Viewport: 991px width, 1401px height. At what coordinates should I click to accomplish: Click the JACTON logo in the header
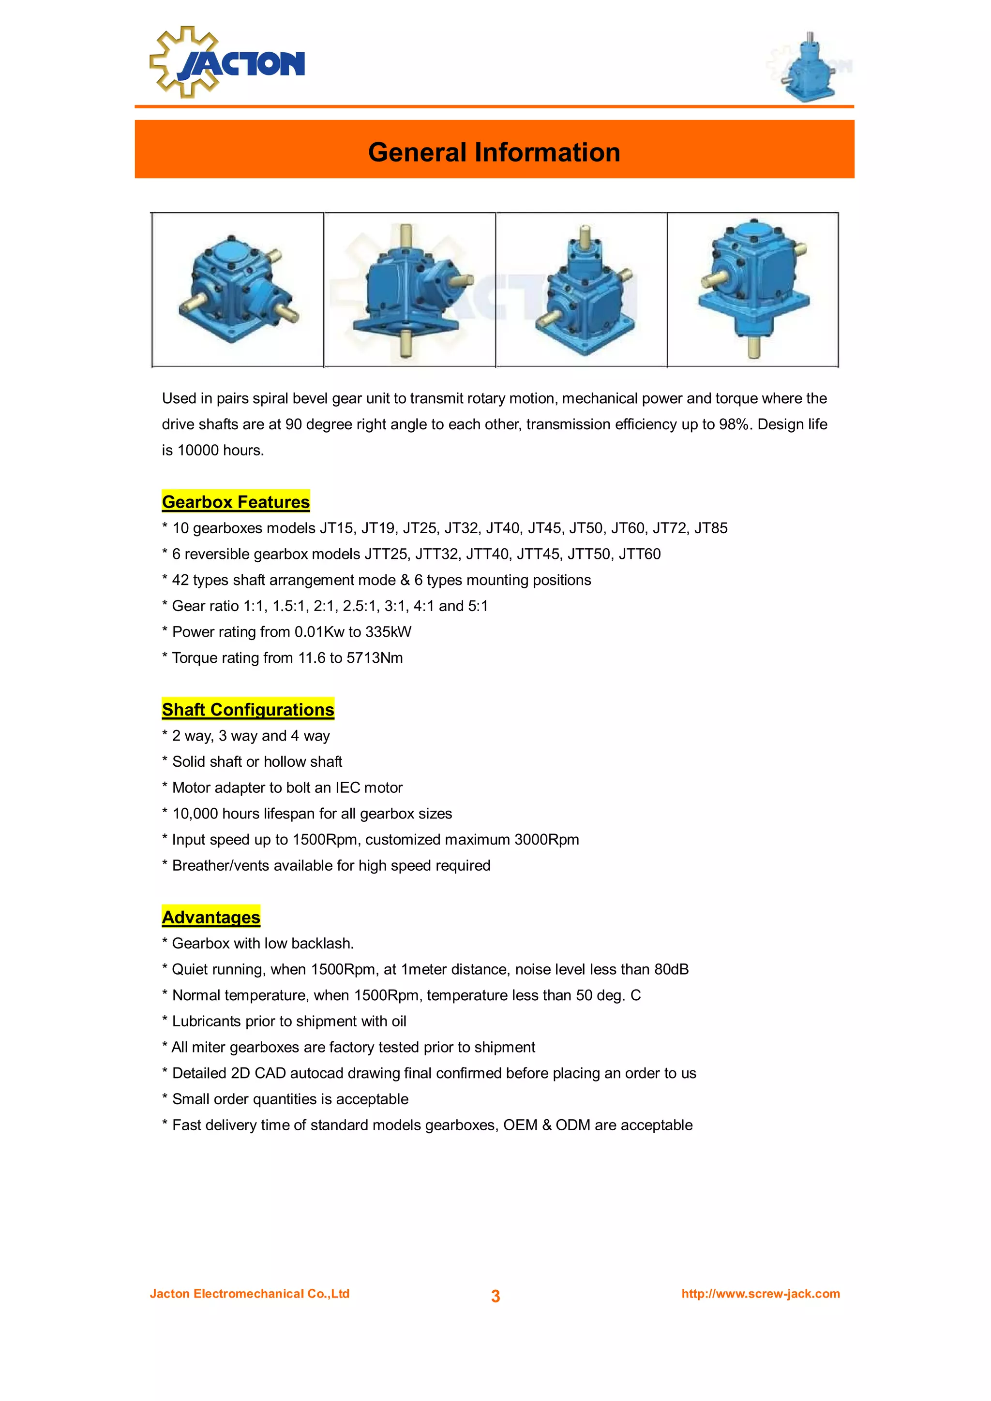(227, 62)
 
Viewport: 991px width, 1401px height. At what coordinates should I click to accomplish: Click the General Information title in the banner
(494, 152)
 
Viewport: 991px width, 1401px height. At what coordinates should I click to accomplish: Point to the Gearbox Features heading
(236, 502)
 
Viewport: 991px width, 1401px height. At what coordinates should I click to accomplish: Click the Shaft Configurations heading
(248, 709)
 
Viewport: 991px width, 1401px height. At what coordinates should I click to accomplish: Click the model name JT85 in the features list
(711, 528)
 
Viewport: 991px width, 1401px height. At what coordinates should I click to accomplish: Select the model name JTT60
(639, 554)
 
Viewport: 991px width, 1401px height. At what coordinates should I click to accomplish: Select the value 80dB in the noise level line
(671, 969)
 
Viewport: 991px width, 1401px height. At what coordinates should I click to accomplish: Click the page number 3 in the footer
(495, 1296)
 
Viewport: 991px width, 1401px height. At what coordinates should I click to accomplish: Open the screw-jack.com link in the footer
(760, 1294)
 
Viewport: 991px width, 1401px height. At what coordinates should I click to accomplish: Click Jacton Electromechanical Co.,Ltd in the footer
(250, 1294)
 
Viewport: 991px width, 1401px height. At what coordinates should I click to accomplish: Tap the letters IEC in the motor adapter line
(347, 788)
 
